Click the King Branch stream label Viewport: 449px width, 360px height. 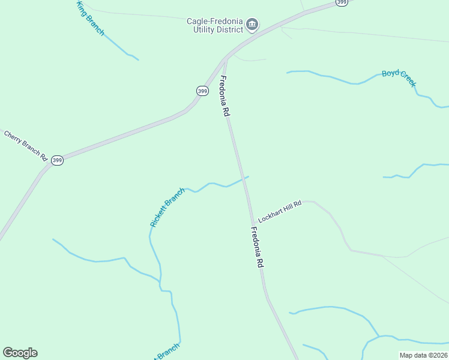pos(90,19)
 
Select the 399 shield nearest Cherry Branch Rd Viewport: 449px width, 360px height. pos(57,160)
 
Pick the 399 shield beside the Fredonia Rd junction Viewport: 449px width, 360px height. pos(202,91)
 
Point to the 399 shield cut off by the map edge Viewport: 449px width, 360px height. pos(342,2)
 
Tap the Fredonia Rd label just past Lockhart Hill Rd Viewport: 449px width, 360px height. pos(257,247)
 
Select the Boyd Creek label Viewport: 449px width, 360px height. pos(399,77)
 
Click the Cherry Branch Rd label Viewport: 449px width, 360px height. pos(26,145)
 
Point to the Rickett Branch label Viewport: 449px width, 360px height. pos(167,208)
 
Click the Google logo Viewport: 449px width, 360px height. pos(20,353)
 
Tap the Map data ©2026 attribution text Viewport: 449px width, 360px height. pos(423,355)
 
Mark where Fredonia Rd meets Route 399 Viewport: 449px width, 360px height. pos(226,58)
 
